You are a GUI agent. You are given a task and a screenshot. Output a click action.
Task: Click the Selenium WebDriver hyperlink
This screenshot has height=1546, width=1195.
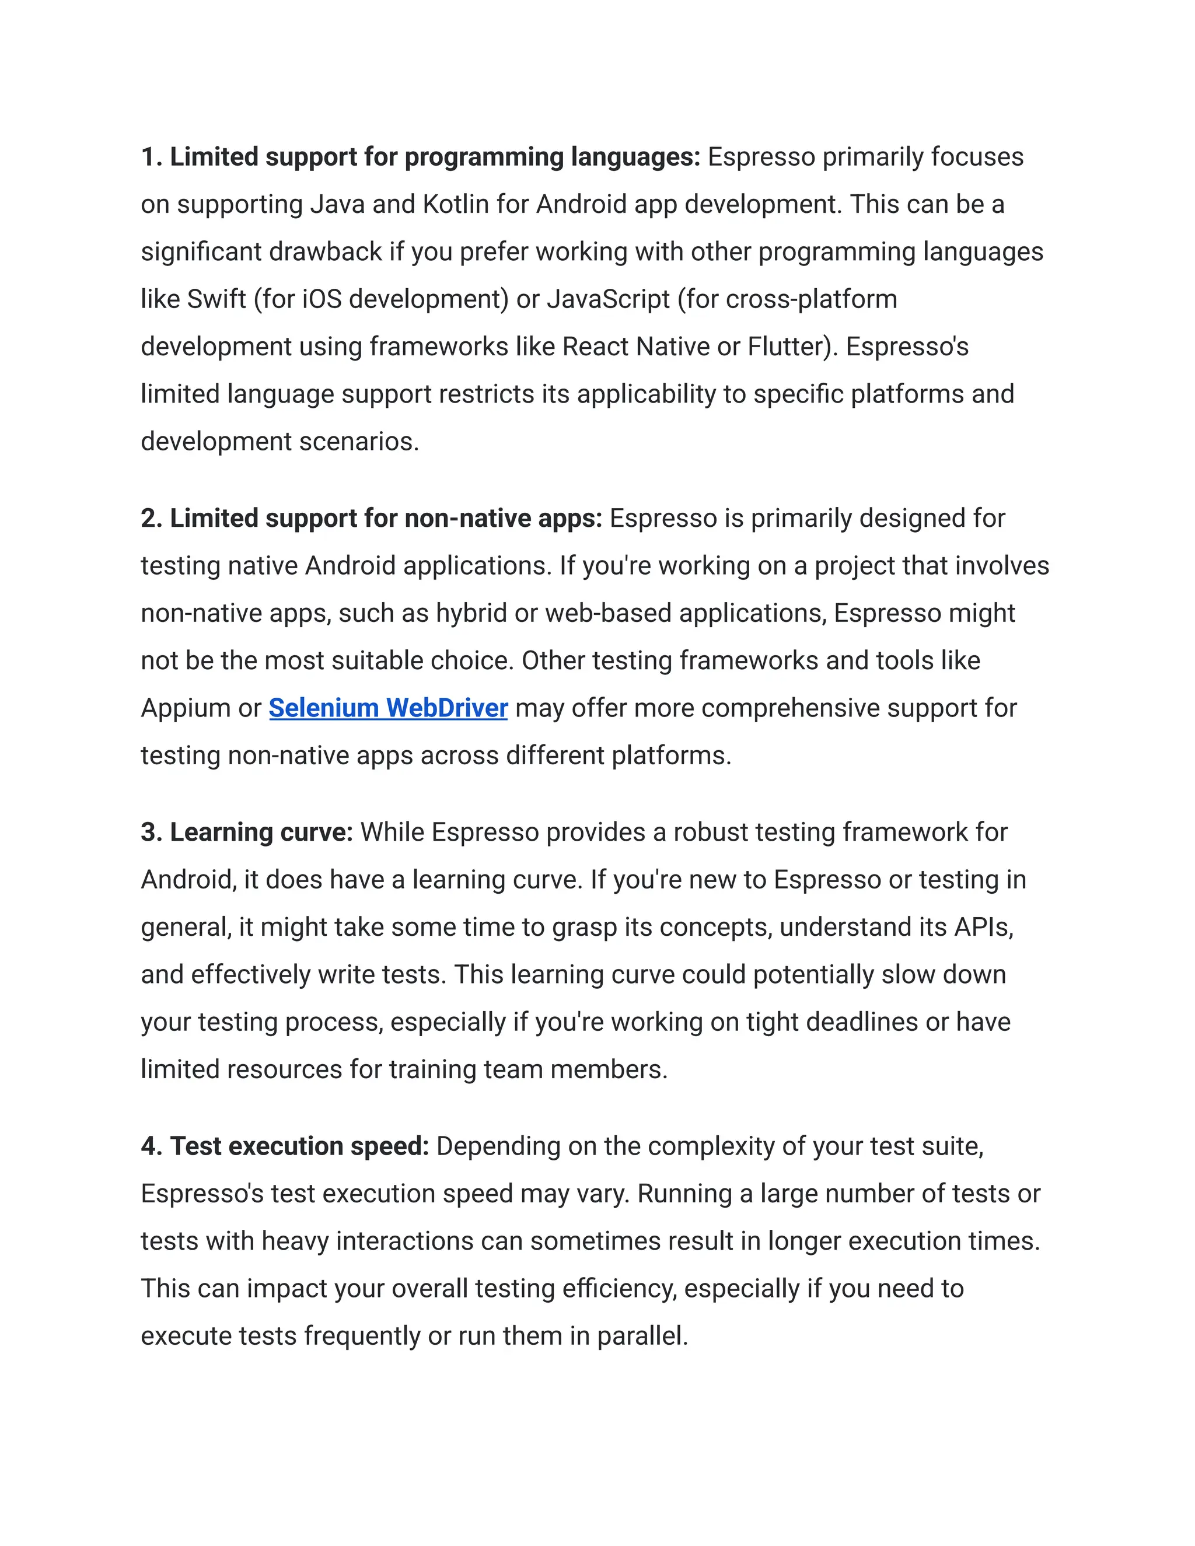pyautogui.click(x=388, y=708)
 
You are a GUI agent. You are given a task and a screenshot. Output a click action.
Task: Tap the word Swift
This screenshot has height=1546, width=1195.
pyautogui.click(x=216, y=299)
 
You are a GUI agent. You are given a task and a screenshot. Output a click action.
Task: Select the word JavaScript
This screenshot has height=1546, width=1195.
pyautogui.click(x=608, y=299)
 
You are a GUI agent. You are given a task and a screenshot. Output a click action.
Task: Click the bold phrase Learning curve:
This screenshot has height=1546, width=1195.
pyautogui.click(x=260, y=833)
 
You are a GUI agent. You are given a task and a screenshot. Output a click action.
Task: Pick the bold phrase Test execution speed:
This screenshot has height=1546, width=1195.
pyautogui.click(x=299, y=1146)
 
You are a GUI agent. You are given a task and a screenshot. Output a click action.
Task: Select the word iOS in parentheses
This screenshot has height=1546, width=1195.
pyautogui.click(x=322, y=299)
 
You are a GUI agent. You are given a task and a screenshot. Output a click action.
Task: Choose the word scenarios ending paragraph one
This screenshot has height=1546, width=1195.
pyautogui.click(x=359, y=442)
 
